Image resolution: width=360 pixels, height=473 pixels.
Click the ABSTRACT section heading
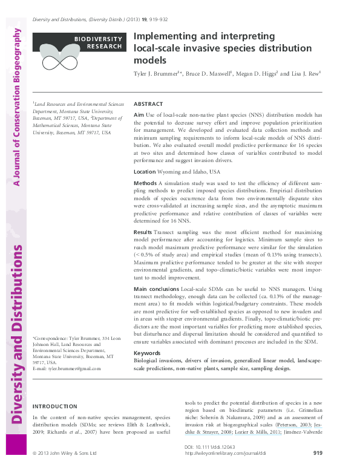[148, 104]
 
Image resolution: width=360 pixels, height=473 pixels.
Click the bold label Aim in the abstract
[139, 115]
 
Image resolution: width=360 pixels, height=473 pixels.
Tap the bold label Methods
[145, 183]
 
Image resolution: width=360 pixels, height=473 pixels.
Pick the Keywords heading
[146, 353]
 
